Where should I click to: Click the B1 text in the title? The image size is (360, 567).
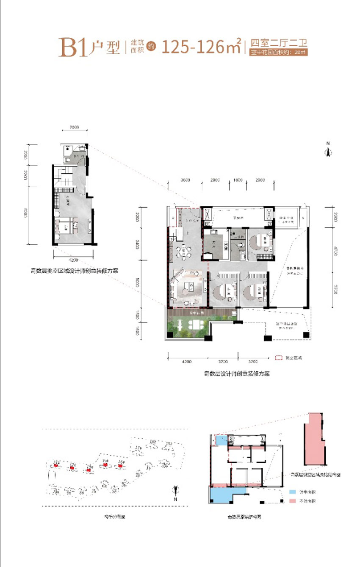coord(75,48)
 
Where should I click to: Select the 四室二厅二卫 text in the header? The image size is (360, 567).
coord(278,43)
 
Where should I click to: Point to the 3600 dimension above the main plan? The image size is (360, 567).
coord(185,180)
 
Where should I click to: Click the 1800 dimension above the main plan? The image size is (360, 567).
coord(238,180)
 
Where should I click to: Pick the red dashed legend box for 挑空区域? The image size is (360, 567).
coord(278,358)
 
